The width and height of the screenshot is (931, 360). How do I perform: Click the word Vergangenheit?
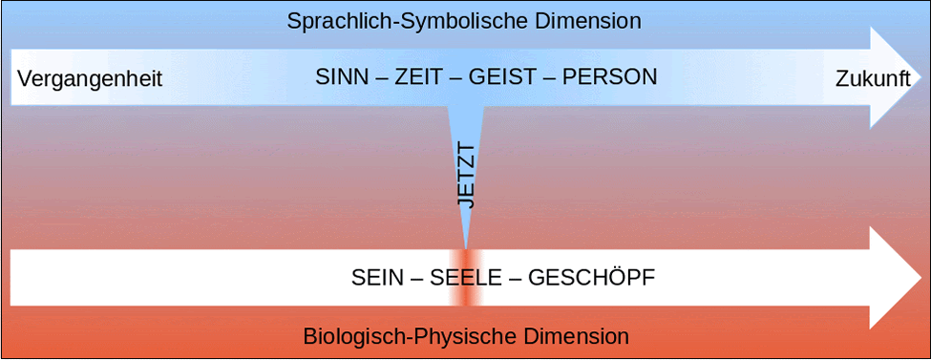pos(90,79)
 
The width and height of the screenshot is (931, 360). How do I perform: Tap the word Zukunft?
pos(873,79)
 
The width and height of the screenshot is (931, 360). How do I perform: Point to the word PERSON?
pos(610,77)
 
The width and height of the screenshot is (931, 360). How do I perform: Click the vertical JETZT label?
pos(467,176)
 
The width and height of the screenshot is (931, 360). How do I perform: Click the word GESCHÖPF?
pos(591,277)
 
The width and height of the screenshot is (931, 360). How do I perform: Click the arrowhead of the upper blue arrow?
pos(896,77)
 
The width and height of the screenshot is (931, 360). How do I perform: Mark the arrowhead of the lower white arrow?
pos(896,278)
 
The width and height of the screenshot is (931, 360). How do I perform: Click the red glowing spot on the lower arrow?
pos(466,278)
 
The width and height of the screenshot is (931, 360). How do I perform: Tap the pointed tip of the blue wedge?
pos(466,248)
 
